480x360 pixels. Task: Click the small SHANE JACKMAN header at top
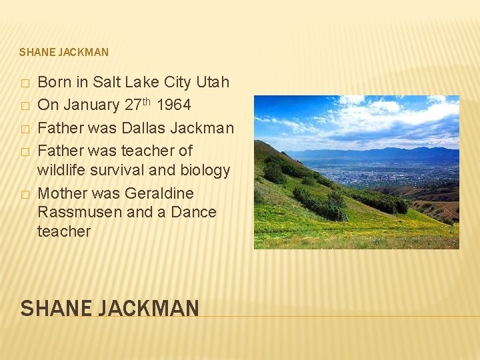(x=64, y=52)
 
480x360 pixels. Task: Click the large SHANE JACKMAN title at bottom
(x=109, y=308)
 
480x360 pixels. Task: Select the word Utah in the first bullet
(x=213, y=82)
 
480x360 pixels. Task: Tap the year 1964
(x=173, y=105)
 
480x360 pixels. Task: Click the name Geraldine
(x=161, y=193)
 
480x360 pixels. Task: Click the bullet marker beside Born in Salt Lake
(x=25, y=83)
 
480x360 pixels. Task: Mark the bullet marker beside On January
(x=25, y=106)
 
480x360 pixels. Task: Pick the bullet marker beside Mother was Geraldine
(x=25, y=195)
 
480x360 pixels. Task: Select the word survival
(x=122, y=170)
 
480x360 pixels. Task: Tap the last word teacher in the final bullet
(x=64, y=231)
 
